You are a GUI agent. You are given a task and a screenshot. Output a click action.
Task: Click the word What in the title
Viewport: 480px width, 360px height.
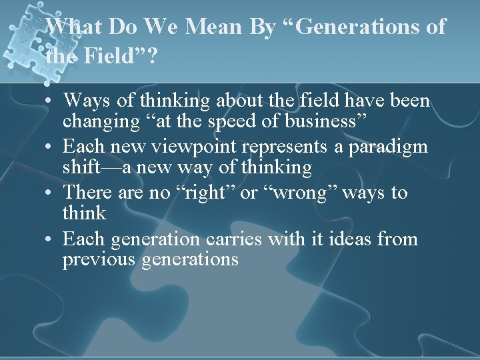click(72, 27)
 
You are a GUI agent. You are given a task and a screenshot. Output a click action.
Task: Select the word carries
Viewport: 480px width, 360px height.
click(233, 239)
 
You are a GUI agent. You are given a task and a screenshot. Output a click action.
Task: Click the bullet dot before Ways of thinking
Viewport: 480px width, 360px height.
click(51, 101)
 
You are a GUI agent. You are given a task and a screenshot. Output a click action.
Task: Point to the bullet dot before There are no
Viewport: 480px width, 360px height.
click(51, 193)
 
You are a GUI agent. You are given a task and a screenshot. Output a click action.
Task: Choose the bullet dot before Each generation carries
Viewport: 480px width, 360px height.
click(51, 239)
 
